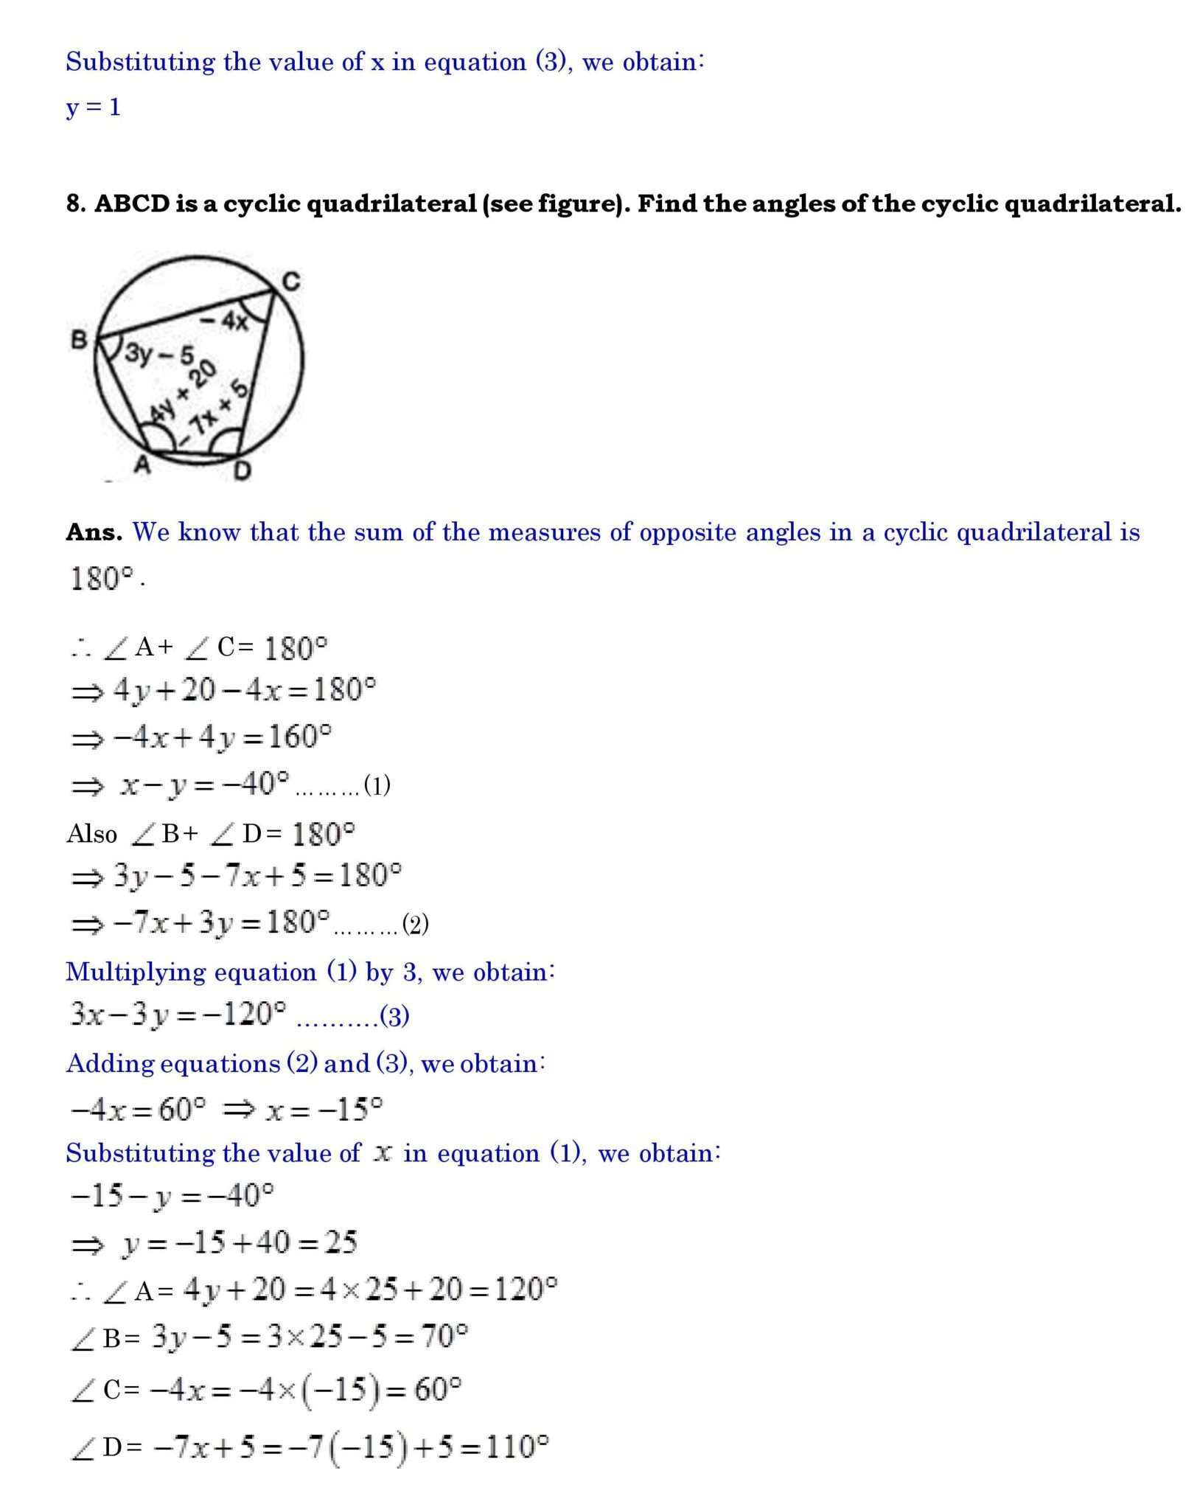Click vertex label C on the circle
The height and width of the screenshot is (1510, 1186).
click(292, 281)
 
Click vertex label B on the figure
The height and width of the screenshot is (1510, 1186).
click(79, 340)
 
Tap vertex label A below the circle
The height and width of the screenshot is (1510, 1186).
click(142, 465)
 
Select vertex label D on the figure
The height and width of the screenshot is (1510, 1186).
click(242, 470)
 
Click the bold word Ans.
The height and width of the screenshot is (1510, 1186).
click(94, 532)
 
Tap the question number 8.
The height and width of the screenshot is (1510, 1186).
click(74, 203)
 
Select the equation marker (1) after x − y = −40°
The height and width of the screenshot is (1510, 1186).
click(377, 786)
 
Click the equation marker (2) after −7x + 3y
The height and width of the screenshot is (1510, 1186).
click(415, 924)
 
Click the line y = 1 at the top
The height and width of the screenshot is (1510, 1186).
click(93, 108)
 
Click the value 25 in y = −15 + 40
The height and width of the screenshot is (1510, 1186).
click(341, 1243)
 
